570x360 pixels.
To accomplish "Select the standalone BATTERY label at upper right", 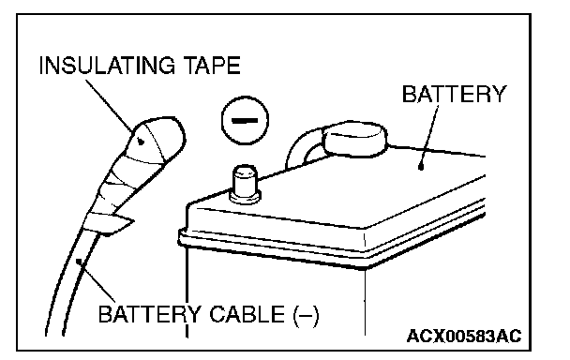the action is pyautogui.click(x=454, y=94).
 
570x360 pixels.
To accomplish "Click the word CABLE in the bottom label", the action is pyautogui.click(x=247, y=314).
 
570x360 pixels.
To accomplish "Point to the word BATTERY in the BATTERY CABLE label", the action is pyautogui.click(x=149, y=314).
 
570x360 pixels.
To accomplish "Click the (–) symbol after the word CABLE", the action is pyautogui.click(x=306, y=315).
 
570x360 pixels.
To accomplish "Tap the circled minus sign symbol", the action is pyautogui.click(x=245, y=120).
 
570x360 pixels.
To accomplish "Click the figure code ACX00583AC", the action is pyautogui.click(x=464, y=336).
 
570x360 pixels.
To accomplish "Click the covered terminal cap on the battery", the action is pyautogui.click(x=354, y=140).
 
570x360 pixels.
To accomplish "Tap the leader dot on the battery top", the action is pyautogui.click(x=421, y=168).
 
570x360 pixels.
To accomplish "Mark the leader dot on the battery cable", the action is pyautogui.click(x=79, y=261).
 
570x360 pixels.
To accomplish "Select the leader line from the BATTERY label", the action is pyautogui.click(x=429, y=136).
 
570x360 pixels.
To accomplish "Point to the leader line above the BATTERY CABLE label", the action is pyautogui.click(x=97, y=281).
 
